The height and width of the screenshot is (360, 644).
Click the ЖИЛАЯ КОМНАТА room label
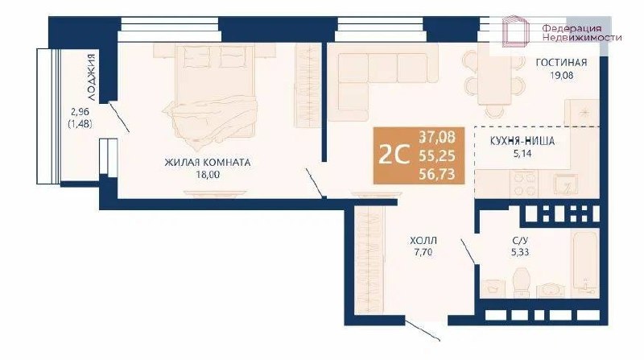[208, 163]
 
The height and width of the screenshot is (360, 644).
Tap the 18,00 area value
[208, 175]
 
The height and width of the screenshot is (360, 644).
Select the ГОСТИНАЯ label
[561, 63]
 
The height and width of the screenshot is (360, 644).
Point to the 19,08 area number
[561, 76]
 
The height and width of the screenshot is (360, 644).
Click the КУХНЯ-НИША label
[522, 141]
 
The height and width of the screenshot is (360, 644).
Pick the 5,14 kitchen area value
[522, 154]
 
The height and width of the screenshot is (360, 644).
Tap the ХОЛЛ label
[423, 240]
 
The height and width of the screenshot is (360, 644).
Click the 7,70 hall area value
[423, 252]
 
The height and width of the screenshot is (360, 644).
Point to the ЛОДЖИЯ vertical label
[92, 77]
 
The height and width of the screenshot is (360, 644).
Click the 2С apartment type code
[394, 155]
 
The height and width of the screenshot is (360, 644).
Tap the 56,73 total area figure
[437, 174]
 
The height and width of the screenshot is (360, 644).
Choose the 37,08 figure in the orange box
[437, 136]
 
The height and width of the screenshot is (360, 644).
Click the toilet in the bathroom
[522, 282]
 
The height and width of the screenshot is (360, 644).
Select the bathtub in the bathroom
[585, 263]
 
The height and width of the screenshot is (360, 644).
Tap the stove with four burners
[524, 183]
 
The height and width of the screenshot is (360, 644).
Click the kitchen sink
[566, 184]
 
